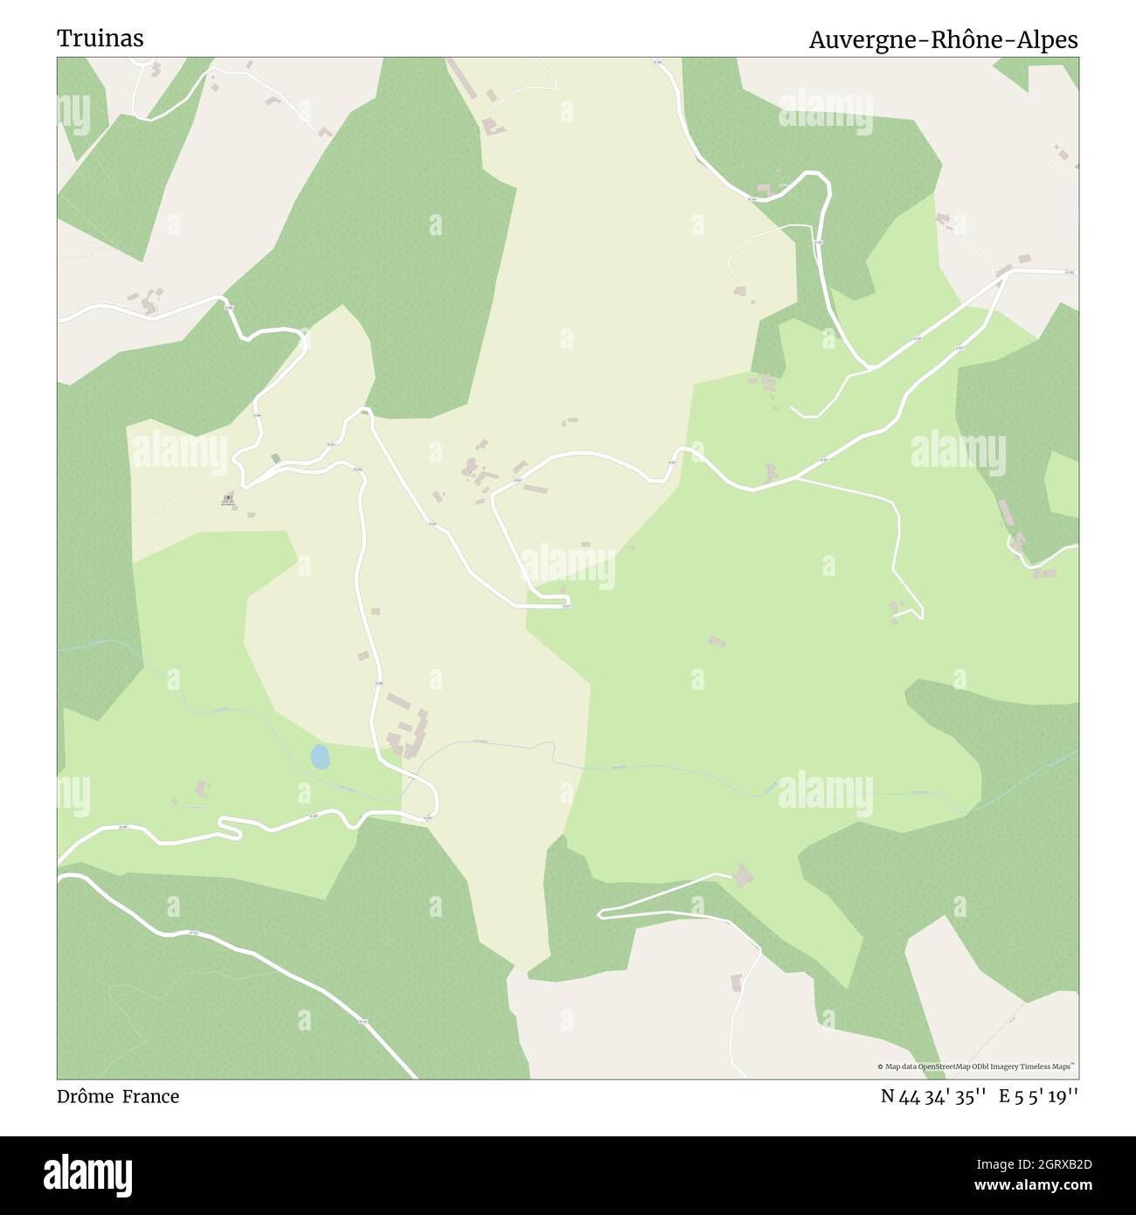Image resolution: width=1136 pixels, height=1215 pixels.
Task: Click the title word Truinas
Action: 100,38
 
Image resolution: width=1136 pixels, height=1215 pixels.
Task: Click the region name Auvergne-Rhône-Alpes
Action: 943,40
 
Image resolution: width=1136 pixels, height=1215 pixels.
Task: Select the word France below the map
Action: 150,1097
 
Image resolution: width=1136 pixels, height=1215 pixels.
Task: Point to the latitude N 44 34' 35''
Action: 934,1097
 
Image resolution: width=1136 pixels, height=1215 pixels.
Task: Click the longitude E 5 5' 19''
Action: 1039,1097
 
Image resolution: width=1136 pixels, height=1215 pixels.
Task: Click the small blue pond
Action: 321,757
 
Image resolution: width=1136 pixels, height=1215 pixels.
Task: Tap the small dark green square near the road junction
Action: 276,458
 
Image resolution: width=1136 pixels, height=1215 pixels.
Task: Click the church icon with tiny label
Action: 228,496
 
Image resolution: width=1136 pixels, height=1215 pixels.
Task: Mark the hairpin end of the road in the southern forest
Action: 601,913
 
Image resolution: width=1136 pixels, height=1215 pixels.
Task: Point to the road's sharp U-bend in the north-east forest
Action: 821,178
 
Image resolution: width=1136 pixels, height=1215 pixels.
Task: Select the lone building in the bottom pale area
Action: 736,982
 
